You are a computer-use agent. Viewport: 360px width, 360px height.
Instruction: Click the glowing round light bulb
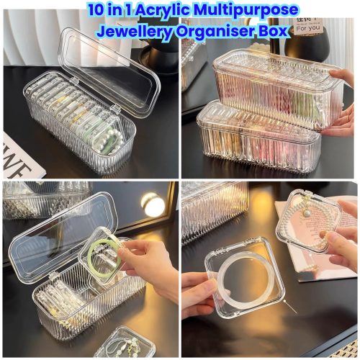[153, 205]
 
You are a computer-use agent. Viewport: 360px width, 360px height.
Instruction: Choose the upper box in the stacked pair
[274, 83]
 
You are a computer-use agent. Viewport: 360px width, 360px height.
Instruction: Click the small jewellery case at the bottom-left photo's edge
[126, 344]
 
